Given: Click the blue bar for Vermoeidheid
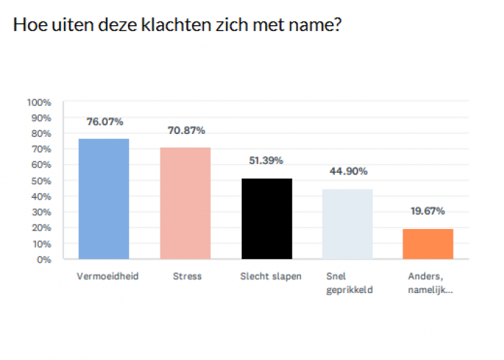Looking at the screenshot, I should point(104,199).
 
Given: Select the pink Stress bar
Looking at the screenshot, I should point(185,203).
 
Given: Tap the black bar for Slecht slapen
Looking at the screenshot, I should point(266,218).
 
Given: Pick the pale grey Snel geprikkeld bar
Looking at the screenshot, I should point(348,224).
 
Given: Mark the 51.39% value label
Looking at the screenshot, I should point(267,161).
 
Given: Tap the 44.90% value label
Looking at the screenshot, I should point(348,171).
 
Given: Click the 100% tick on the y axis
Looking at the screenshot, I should point(39,102).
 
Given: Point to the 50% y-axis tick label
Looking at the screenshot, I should point(41,181).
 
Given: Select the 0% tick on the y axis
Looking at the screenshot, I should point(44,259).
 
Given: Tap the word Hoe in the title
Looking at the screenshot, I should point(27,26).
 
